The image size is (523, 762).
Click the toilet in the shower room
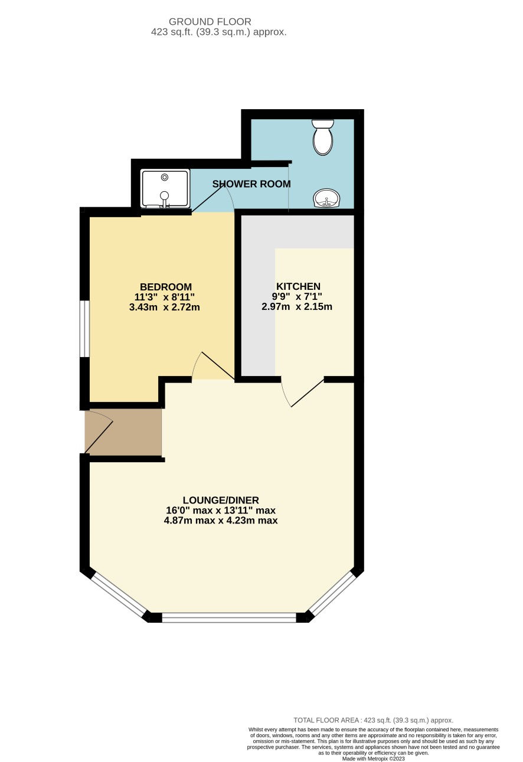pyautogui.click(x=323, y=138)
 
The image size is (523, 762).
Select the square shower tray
pyautogui.click(x=165, y=188)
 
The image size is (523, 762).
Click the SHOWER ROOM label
pyautogui.click(x=251, y=184)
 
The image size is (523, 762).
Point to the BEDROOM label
pyautogui.click(x=166, y=287)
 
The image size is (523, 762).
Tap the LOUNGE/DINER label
pyautogui.click(x=221, y=500)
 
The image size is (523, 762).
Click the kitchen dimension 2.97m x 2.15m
pyautogui.click(x=297, y=307)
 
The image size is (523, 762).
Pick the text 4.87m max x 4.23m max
pyautogui.click(x=221, y=521)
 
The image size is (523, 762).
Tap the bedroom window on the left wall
pyautogui.click(x=85, y=329)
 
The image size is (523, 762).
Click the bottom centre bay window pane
pyautogui.click(x=229, y=618)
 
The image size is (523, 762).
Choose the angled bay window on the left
pyautogui.click(x=120, y=595)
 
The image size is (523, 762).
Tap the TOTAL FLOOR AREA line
pyautogui.click(x=373, y=720)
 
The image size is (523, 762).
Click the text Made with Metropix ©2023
pyautogui.click(x=373, y=759)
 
